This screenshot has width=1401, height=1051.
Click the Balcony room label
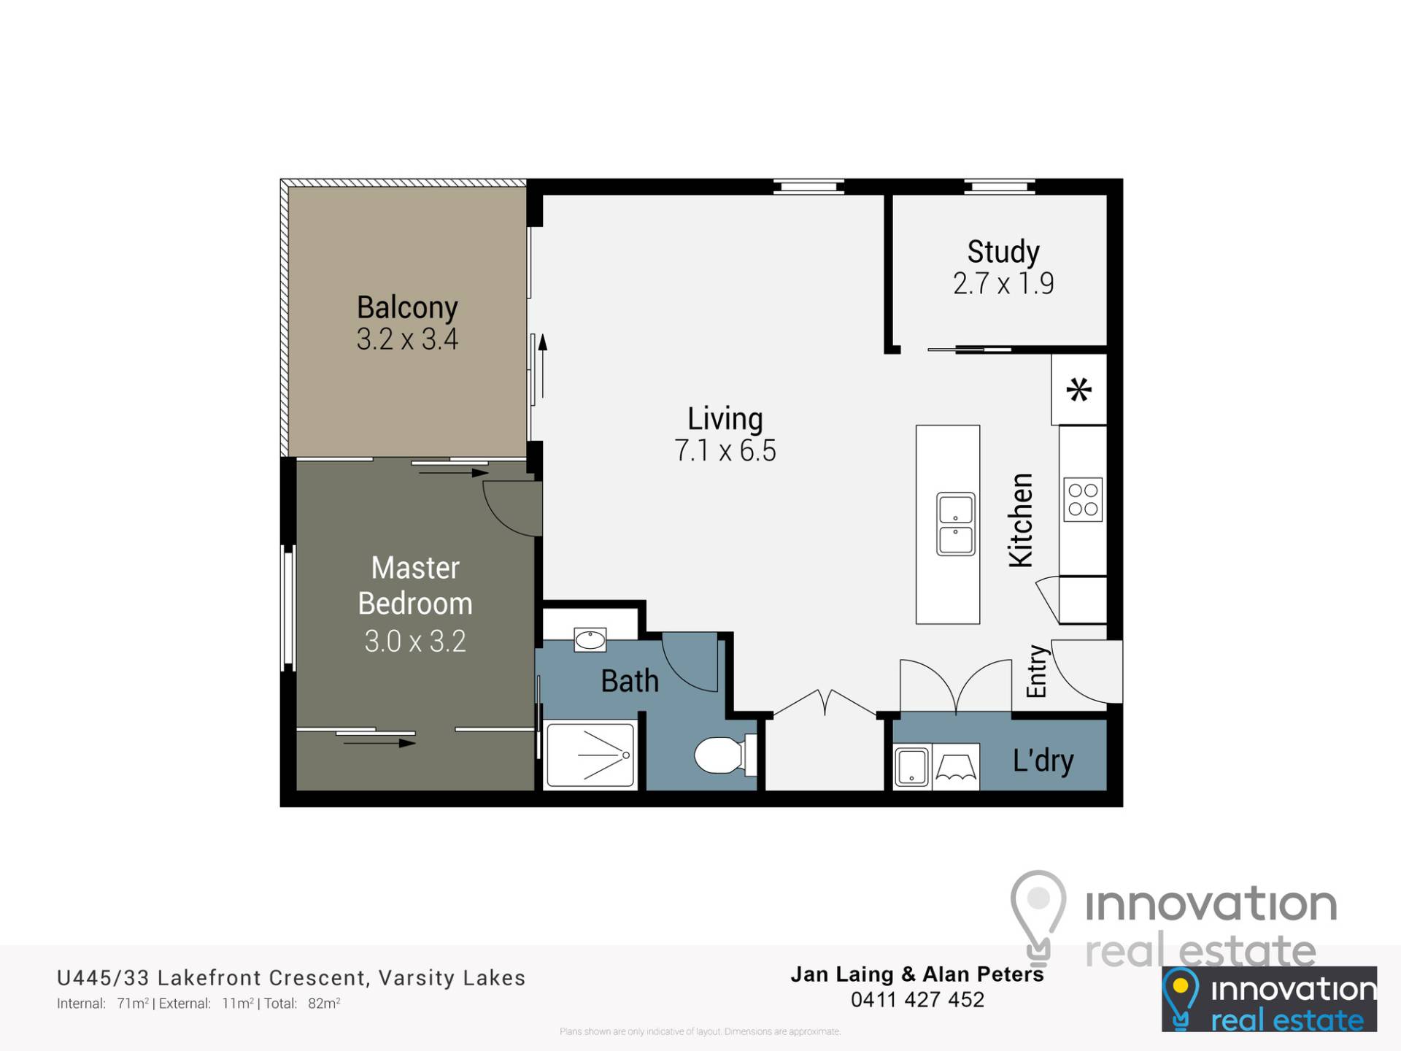click(407, 307)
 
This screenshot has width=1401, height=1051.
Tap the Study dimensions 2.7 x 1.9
click(1003, 283)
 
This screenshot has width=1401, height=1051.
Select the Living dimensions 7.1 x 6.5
click(725, 450)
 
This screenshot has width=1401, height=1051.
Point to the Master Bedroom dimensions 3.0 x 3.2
click(415, 641)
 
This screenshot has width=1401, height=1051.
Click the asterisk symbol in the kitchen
click(1079, 390)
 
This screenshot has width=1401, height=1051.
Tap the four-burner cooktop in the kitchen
click(1083, 499)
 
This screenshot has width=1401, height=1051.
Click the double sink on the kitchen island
click(955, 523)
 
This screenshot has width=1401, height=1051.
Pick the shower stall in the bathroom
click(590, 755)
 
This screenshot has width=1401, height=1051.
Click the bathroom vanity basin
click(590, 640)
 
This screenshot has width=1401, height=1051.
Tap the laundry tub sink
click(911, 766)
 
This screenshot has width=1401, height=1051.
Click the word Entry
click(1036, 671)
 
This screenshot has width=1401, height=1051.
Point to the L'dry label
click(1043, 761)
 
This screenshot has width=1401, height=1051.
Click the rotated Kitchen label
click(1021, 520)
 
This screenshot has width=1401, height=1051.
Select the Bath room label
click(630, 681)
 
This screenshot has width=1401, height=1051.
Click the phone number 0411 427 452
click(917, 999)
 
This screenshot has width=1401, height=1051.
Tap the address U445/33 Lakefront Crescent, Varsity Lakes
click(291, 977)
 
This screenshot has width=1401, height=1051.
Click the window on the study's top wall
click(1000, 187)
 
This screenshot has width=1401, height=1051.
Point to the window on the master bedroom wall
click(289, 608)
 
